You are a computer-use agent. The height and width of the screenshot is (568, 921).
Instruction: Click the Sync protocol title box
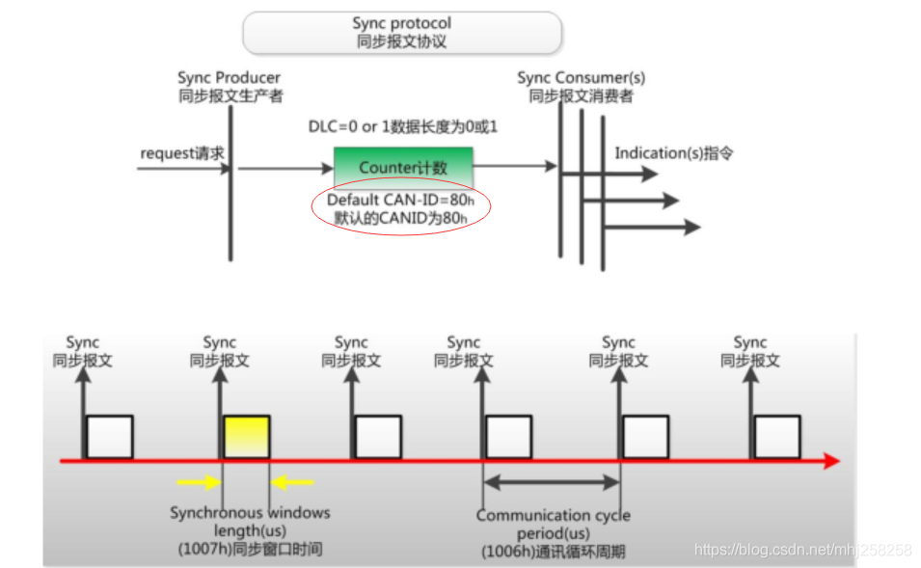pos(401,32)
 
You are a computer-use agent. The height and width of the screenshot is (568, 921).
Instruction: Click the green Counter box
pos(403,168)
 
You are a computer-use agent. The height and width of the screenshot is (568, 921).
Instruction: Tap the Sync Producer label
pos(230,87)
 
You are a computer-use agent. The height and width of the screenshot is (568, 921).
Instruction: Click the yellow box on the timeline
pos(247,437)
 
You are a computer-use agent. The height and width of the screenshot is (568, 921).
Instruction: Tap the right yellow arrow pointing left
pos(294,480)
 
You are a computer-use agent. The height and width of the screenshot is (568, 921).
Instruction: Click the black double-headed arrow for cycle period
pos(551,480)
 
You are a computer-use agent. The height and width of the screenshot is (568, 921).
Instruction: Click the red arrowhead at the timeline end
pos(831,462)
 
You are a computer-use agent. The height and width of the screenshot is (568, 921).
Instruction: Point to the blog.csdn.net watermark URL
pos(802,550)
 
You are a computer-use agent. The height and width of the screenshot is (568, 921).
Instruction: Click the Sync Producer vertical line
pos(230,183)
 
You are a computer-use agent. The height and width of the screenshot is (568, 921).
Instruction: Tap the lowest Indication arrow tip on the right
pos(692,228)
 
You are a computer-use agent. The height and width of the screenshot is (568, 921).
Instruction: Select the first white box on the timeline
pos(109,437)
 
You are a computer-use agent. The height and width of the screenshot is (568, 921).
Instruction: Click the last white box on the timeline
pos(776,437)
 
